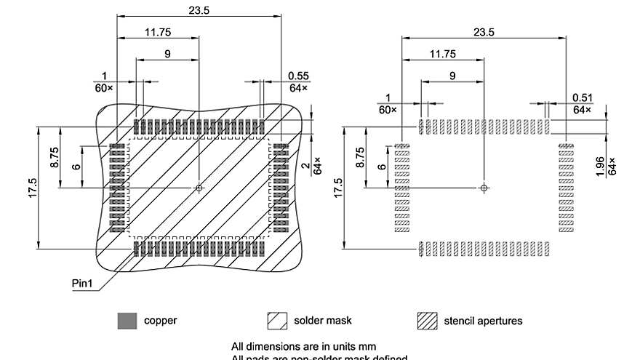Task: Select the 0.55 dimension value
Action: (298, 76)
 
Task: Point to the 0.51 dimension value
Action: (583, 97)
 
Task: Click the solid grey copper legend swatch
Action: (127, 321)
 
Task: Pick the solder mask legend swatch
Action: (278, 321)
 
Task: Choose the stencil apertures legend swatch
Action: (428, 321)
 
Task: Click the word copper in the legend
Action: (161, 320)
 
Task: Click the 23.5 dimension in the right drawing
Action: (484, 32)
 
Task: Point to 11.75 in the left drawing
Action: (158, 32)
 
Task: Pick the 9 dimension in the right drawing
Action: (452, 76)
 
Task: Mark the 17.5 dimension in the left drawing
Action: (33, 189)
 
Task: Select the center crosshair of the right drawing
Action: (484, 188)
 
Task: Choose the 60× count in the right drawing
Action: (388, 109)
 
